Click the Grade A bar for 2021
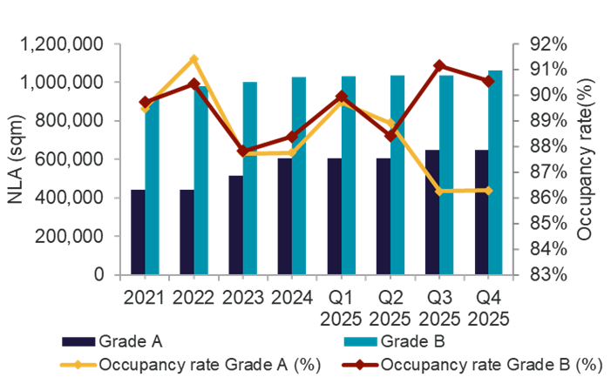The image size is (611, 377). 137,232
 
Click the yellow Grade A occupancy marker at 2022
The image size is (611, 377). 194,59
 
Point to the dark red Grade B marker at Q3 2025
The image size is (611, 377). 439,65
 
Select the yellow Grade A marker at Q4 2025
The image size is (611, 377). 488,190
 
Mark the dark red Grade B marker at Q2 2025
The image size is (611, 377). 390,135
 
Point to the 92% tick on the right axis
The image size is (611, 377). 553,44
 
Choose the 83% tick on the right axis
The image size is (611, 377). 553,274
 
